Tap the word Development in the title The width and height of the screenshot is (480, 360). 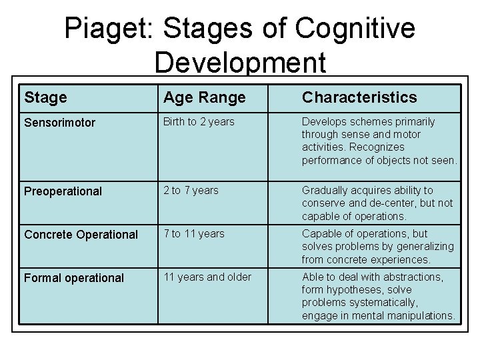click(x=240, y=63)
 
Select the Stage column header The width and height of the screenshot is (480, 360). click(x=45, y=97)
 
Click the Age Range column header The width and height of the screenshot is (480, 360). click(x=205, y=97)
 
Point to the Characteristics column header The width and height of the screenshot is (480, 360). click(x=359, y=97)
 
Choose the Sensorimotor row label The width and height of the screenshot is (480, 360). click(x=60, y=123)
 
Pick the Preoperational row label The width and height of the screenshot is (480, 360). click(x=63, y=191)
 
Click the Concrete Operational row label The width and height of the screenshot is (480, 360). click(x=81, y=235)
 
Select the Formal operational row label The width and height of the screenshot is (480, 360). click(x=74, y=278)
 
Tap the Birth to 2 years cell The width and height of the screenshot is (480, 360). click(x=199, y=121)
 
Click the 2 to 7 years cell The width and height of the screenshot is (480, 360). click(x=191, y=191)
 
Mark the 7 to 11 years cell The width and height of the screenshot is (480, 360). click(x=194, y=234)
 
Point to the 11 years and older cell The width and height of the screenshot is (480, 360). click(x=207, y=277)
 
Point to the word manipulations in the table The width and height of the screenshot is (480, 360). click(x=422, y=315)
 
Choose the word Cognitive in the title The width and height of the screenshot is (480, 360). click(x=354, y=29)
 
